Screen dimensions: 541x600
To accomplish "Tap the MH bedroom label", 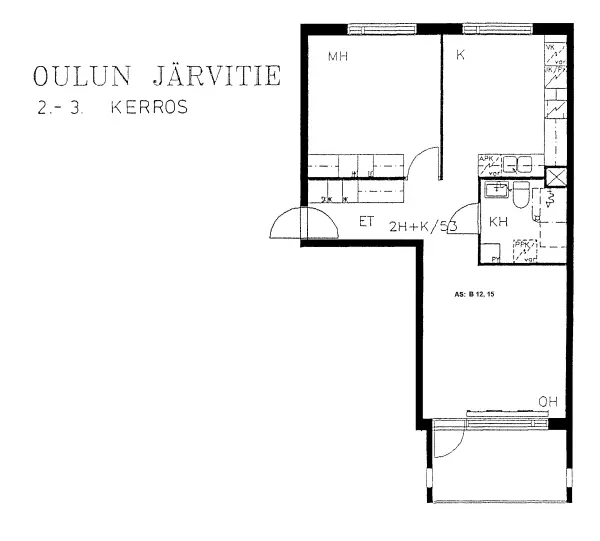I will [337, 57].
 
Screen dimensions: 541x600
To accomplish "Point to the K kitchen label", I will [460, 56].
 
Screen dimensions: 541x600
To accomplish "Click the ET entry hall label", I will [366, 222].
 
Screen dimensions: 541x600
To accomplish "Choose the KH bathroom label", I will [498, 222].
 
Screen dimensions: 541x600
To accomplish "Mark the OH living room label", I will [547, 402].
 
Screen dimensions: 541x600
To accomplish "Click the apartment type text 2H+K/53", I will [423, 226].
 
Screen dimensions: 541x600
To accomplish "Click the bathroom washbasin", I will [496, 189].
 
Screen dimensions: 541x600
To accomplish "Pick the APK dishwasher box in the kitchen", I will [489, 164].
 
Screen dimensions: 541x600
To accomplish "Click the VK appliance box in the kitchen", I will [555, 51].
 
